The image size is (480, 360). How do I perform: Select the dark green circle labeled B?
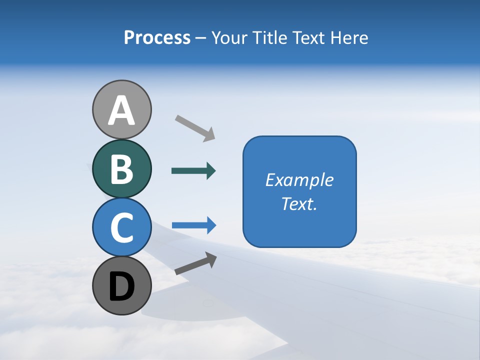pyautogui.click(x=122, y=168)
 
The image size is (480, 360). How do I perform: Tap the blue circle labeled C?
pyautogui.click(x=122, y=227)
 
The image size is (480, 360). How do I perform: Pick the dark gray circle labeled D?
pyautogui.click(x=122, y=286)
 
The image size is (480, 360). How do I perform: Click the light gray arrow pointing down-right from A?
pyautogui.click(x=195, y=128)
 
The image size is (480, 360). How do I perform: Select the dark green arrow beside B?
pyautogui.click(x=193, y=171)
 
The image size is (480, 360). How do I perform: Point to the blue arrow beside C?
pyautogui.click(x=193, y=225)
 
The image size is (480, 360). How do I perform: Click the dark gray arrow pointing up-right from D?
pyautogui.click(x=195, y=263)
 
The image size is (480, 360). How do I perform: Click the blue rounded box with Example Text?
pyautogui.click(x=299, y=191)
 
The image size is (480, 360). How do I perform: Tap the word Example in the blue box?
pyautogui.click(x=299, y=180)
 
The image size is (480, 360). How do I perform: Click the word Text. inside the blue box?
pyautogui.click(x=299, y=204)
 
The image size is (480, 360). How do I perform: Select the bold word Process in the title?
pyautogui.click(x=157, y=37)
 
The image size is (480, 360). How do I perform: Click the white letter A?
pyautogui.click(x=122, y=110)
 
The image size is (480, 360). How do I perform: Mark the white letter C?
pyautogui.click(x=122, y=228)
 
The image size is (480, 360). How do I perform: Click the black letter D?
pyautogui.click(x=122, y=287)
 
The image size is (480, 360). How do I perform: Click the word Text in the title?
pyautogui.click(x=310, y=37)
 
